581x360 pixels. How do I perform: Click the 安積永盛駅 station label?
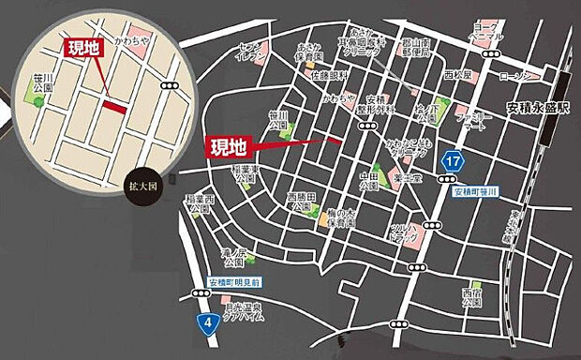point(537,107)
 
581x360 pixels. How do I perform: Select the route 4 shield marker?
point(204,323)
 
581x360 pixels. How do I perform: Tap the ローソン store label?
point(516,75)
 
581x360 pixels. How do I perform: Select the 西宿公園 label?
point(472,301)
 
